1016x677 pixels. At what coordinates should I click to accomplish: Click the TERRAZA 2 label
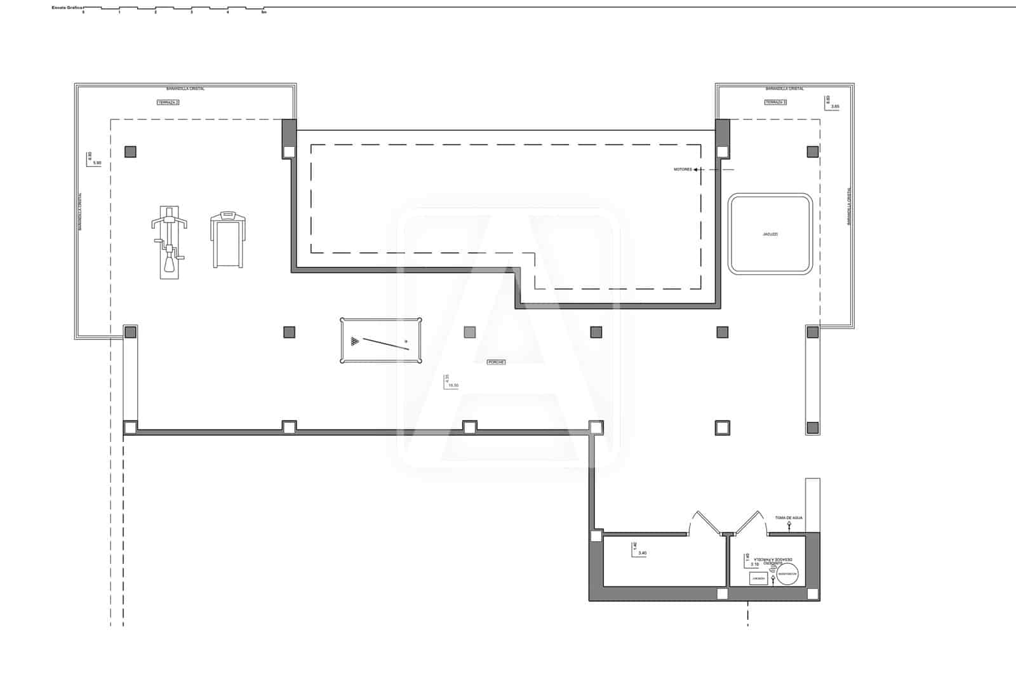coord(168,102)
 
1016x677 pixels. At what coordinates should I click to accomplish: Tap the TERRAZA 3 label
coord(775,102)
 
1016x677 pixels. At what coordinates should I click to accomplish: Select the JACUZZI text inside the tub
coord(770,234)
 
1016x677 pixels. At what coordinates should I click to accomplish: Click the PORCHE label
coord(496,362)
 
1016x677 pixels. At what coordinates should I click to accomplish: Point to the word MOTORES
coord(683,170)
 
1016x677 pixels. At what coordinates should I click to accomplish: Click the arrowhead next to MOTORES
coord(696,170)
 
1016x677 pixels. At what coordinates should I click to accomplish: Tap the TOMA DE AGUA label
coord(789,518)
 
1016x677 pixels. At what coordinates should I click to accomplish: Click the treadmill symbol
coord(227,239)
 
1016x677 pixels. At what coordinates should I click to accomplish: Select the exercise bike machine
coord(169,242)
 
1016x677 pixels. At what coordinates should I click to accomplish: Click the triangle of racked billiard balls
coord(354,342)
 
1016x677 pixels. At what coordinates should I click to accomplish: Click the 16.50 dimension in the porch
coord(453,385)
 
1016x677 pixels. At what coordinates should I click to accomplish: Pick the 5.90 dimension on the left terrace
coord(97,163)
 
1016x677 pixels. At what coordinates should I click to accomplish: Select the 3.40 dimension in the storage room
coord(642,553)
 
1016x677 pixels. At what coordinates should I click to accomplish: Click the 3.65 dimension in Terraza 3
coord(835,106)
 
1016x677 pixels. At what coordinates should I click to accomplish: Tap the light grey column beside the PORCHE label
coord(470,332)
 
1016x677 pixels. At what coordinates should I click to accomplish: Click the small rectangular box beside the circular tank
coord(758,579)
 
